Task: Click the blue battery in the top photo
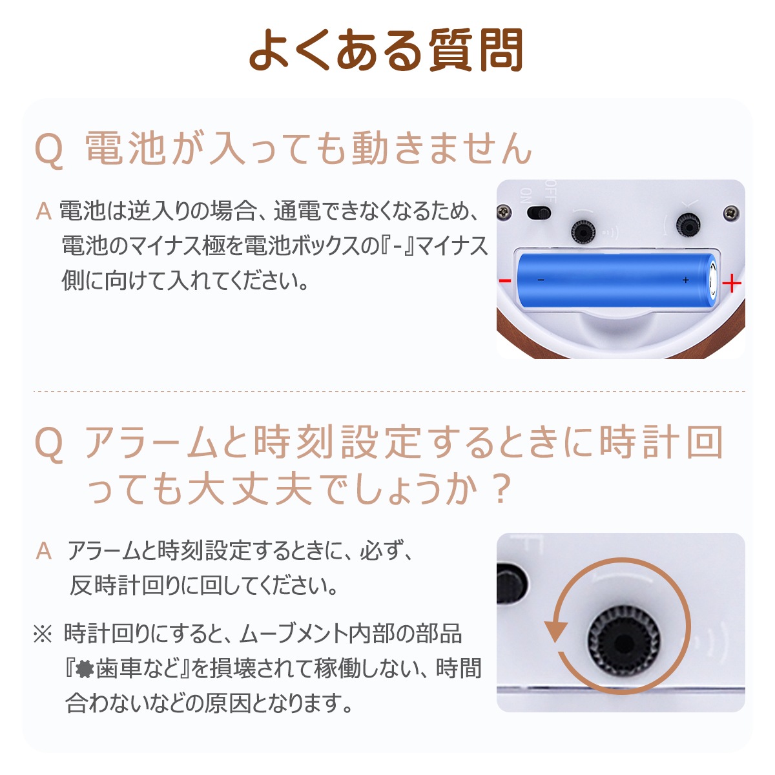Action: point(617,282)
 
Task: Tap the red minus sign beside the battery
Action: point(505,280)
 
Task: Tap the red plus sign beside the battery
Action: point(731,284)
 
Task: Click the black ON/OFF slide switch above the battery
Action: point(540,212)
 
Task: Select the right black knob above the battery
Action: point(688,225)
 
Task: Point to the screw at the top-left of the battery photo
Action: point(502,211)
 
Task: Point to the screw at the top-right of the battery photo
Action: point(730,211)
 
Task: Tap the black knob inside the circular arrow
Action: point(623,640)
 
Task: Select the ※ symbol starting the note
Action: point(43,635)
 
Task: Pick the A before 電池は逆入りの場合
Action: point(44,211)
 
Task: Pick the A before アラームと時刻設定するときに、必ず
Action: point(44,551)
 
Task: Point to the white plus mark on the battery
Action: point(685,280)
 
